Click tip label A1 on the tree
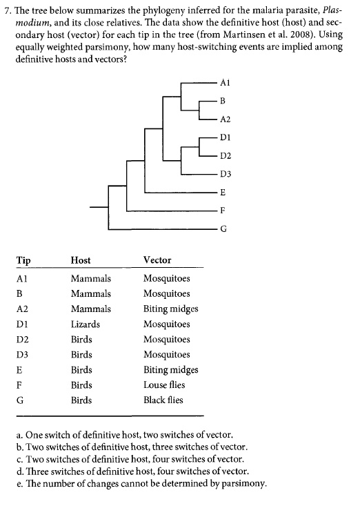coord(223,81)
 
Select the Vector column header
coord(157,260)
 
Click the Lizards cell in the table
coord(85,324)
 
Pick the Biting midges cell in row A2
coord(170,309)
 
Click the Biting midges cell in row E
coord(170,369)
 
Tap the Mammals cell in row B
coord(90,293)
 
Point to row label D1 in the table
coord(21,324)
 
